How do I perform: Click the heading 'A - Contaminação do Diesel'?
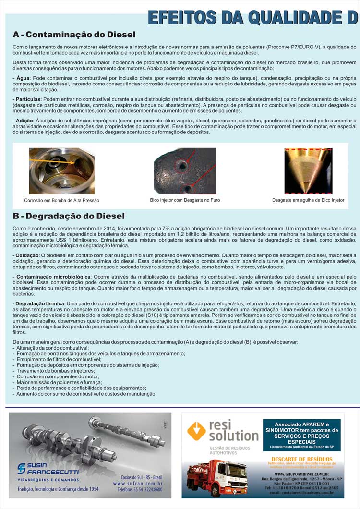click(74, 35)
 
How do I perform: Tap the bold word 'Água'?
click(22, 78)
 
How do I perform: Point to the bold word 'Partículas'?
click(28, 98)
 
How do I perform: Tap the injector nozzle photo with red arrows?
click(185, 171)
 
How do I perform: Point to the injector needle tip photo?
click(308, 171)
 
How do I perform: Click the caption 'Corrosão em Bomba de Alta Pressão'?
click(62, 200)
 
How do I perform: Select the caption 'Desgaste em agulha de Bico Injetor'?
click(308, 200)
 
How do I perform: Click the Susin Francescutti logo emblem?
click(22, 469)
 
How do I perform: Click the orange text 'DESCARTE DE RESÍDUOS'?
click(302, 459)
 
